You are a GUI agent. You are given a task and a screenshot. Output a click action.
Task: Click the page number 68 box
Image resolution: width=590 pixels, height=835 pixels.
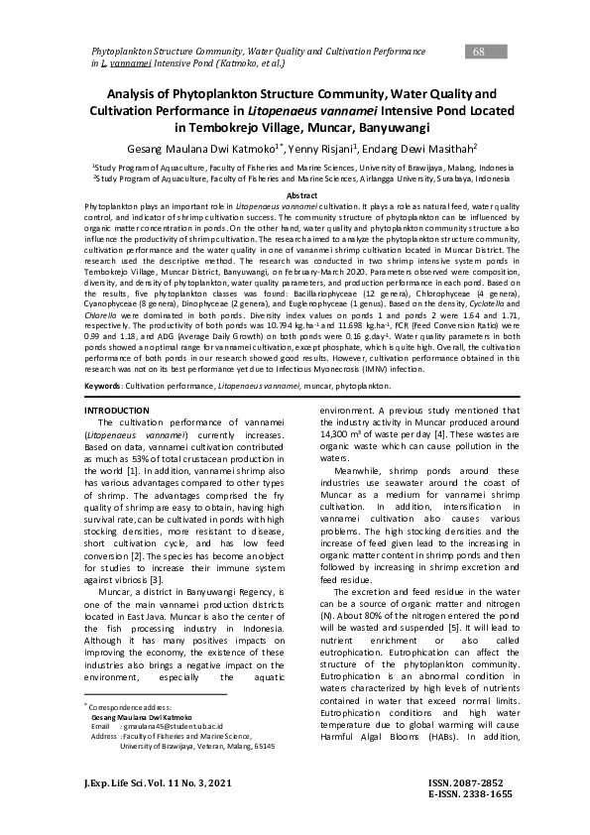pyautogui.click(x=479, y=52)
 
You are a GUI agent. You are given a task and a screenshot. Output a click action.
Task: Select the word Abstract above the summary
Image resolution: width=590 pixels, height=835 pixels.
pyautogui.click(x=295, y=196)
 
